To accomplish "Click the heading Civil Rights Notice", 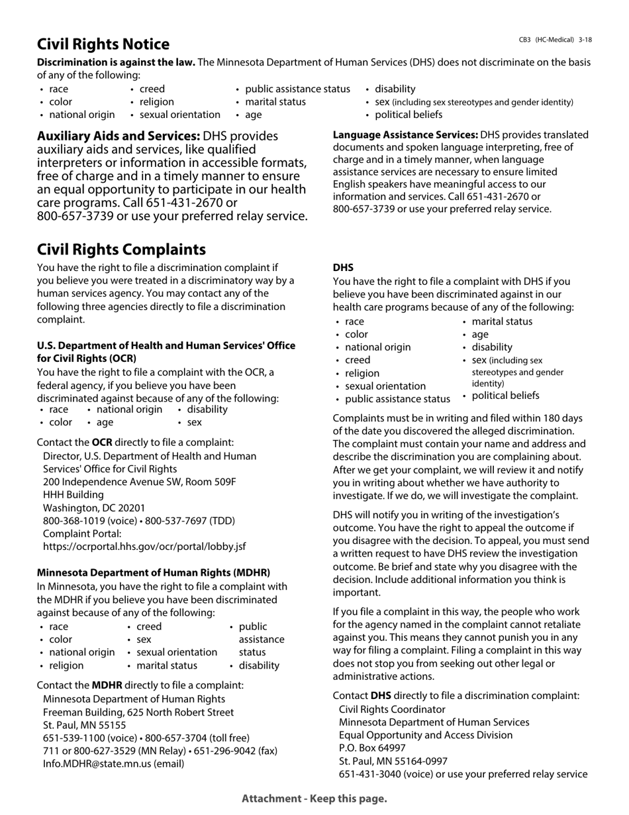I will [x=103, y=44].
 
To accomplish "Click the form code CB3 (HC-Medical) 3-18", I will [x=555, y=40].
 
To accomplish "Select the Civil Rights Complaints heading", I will [x=121, y=250].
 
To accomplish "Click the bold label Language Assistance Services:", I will [x=405, y=135].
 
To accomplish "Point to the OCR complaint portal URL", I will [x=144, y=547].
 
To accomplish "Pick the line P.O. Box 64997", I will [x=372, y=748].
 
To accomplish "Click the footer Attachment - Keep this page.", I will [x=314, y=798].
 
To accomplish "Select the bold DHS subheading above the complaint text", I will [x=343, y=268].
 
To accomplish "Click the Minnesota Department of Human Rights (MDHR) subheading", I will [x=154, y=572].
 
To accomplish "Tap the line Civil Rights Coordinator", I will [x=392, y=709].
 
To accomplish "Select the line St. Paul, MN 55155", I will [x=84, y=725].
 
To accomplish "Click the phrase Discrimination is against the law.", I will [x=116, y=62].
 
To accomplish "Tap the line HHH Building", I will [x=73, y=495].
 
